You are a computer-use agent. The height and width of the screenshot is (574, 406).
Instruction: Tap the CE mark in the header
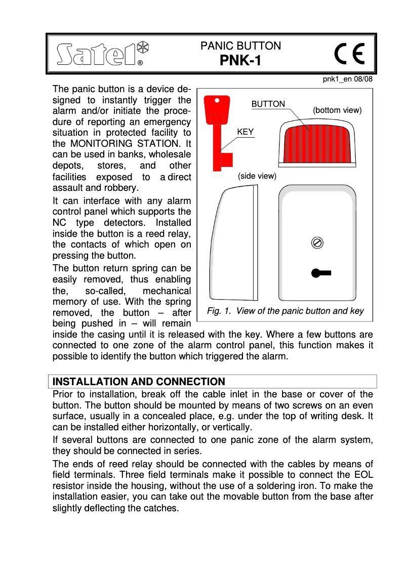click(x=349, y=54)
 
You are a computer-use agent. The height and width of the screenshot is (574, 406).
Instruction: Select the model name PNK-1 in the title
click(x=240, y=61)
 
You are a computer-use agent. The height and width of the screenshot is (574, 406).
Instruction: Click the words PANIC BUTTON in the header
click(x=240, y=46)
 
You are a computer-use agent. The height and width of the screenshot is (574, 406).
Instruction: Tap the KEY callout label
click(x=246, y=132)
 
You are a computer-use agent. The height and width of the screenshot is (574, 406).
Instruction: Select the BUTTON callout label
click(x=268, y=104)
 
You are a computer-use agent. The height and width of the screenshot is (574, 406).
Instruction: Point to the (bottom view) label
click(x=337, y=110)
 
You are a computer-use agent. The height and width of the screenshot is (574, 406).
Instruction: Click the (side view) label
click(x=257, y=176)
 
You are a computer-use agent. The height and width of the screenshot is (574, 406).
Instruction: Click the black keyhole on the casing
click(x=320, y=273)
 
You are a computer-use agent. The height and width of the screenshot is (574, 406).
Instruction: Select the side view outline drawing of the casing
click(x=234, y=243)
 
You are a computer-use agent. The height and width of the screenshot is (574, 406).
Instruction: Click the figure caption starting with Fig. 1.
click(x=285, y=311)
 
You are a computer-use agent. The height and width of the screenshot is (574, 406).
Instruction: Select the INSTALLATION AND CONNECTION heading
click(x=139, y=381)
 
